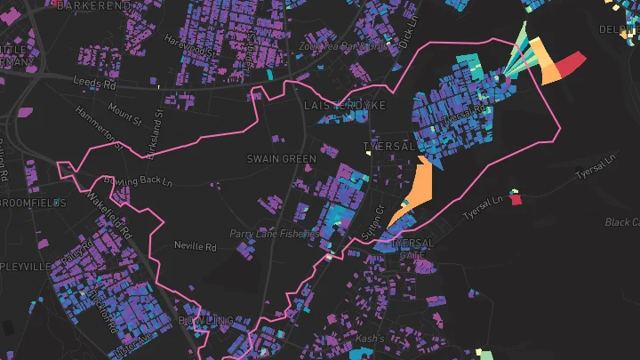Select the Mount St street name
119,111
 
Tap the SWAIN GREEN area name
281,159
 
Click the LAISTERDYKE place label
345,105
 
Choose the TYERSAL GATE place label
412,248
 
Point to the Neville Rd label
196,244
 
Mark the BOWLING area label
205,319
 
